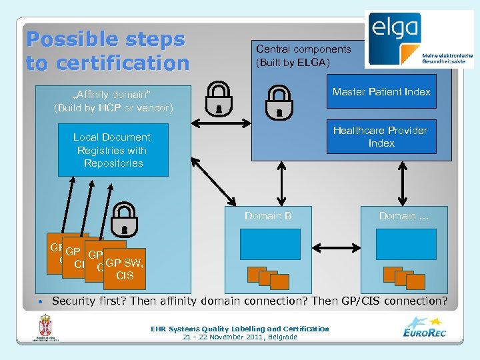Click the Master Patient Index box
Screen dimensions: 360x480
pyautogui.click(x=381, y=92)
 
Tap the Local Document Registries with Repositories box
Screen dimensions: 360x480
pyautogui.click(x=113, y=150)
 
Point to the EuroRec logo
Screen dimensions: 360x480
pyautogui.click(x=425, y=328)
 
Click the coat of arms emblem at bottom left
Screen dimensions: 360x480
pyautogui.click(x=46, y=327)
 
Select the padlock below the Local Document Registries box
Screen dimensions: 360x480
pyautogui.click(x=124, y=219)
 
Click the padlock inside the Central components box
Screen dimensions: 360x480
pyautogui.click(x=279, y=101)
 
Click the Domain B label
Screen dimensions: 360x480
pyautogui.click(x=268, y=216)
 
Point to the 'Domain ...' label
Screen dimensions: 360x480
pyautogui.click(x=404, y=216)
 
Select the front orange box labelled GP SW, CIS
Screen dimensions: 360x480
pyautogui.click(x=125, y=269)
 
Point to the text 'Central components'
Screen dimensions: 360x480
pyautogui.click(x=303, y=49)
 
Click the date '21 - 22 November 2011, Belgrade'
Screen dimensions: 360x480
pyautogui.click(x=240, y=337)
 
